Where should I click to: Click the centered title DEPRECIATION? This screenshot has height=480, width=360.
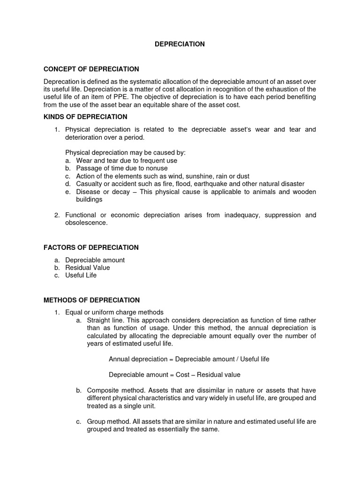(x=180, y=44)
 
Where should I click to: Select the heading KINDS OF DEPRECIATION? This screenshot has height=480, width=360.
(x=85, y=117)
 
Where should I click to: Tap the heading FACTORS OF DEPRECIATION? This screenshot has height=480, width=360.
(x=91, y=247)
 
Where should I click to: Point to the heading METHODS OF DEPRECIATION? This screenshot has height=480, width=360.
(x=91, y=300)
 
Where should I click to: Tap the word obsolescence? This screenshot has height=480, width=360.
(x=86, y=223)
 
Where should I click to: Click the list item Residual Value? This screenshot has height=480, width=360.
(x=88, y=268)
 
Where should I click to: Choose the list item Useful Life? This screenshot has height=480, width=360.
(x=81, y=275)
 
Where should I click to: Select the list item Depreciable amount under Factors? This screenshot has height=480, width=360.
(x=95, y=260)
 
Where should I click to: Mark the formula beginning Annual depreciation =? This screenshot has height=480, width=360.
(x=189, y=359)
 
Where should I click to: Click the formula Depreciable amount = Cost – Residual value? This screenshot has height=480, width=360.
(x=174, y=375)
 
